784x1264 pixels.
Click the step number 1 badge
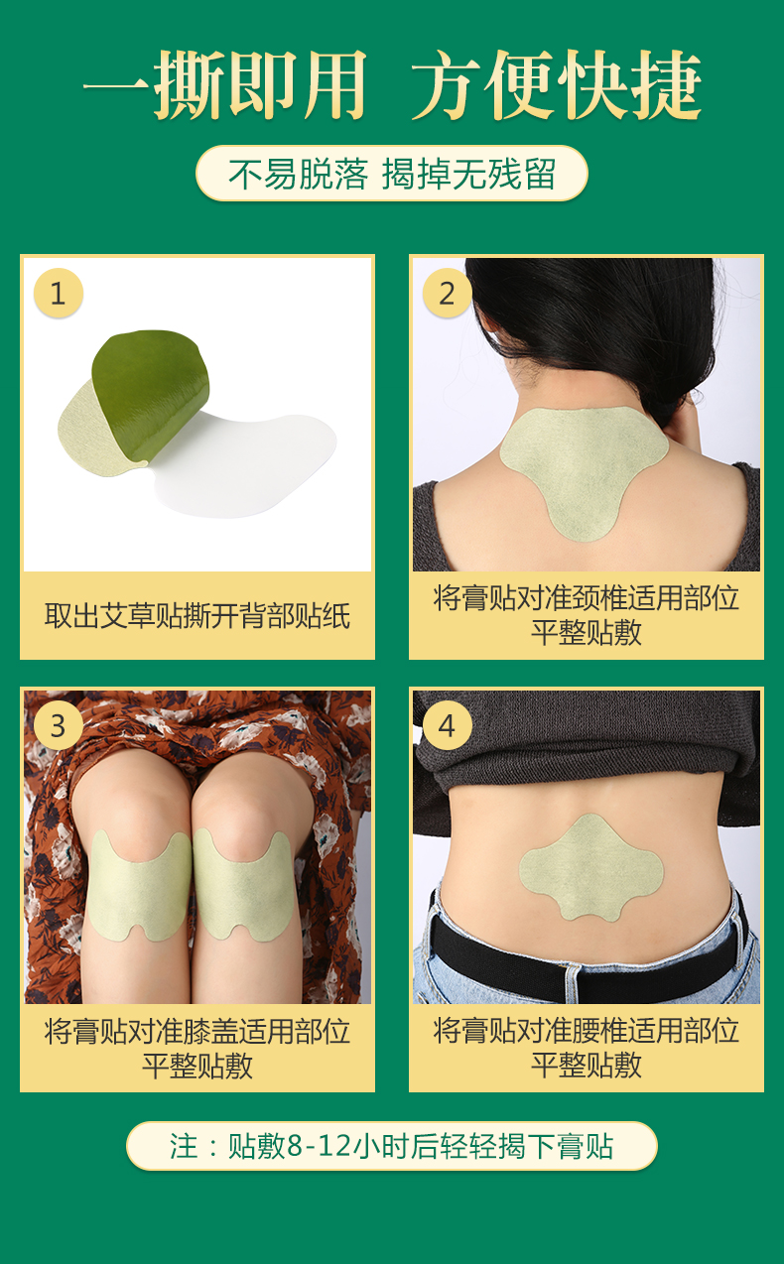(59, 293)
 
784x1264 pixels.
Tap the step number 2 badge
(447, 293)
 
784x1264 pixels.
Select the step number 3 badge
(59, 725)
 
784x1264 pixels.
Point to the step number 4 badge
(447, 725)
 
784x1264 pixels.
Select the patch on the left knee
(138, 883)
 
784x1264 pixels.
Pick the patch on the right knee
(243, 883)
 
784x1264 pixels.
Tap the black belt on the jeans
(588, 953)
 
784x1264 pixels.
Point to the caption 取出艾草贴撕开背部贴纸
(196, 616)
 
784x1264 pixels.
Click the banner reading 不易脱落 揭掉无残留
(392, 174)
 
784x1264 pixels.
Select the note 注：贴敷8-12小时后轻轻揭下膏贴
(392, 1146)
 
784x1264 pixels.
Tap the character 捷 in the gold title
(666, 84)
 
